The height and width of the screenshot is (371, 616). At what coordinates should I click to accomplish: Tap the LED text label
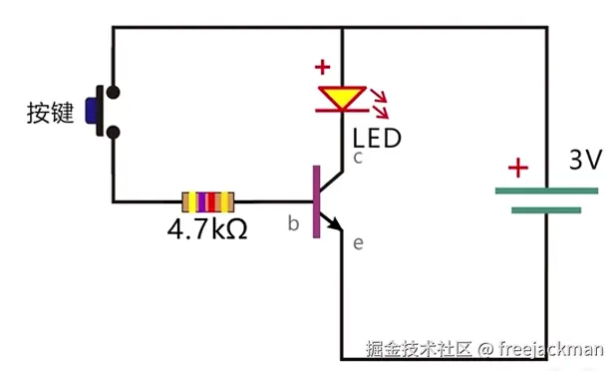(378, 137)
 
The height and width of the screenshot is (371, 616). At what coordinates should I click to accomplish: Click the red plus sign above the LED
(322, 69)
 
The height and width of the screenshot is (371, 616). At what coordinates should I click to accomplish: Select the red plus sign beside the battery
(515, 168)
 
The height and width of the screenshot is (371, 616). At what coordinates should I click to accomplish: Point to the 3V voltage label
(585, 160)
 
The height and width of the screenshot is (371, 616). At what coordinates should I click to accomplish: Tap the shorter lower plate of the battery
(546, 210)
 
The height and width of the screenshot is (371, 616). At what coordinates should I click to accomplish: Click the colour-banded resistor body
(207, 202)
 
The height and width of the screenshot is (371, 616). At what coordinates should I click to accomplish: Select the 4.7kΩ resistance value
(206, 230)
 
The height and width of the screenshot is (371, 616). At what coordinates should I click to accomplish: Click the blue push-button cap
(100, 111)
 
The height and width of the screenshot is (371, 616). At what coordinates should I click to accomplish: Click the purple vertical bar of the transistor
(317, 202)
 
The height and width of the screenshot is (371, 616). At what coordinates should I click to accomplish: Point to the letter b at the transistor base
(293, 223)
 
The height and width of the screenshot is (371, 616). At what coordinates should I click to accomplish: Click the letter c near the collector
(357, 158)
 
